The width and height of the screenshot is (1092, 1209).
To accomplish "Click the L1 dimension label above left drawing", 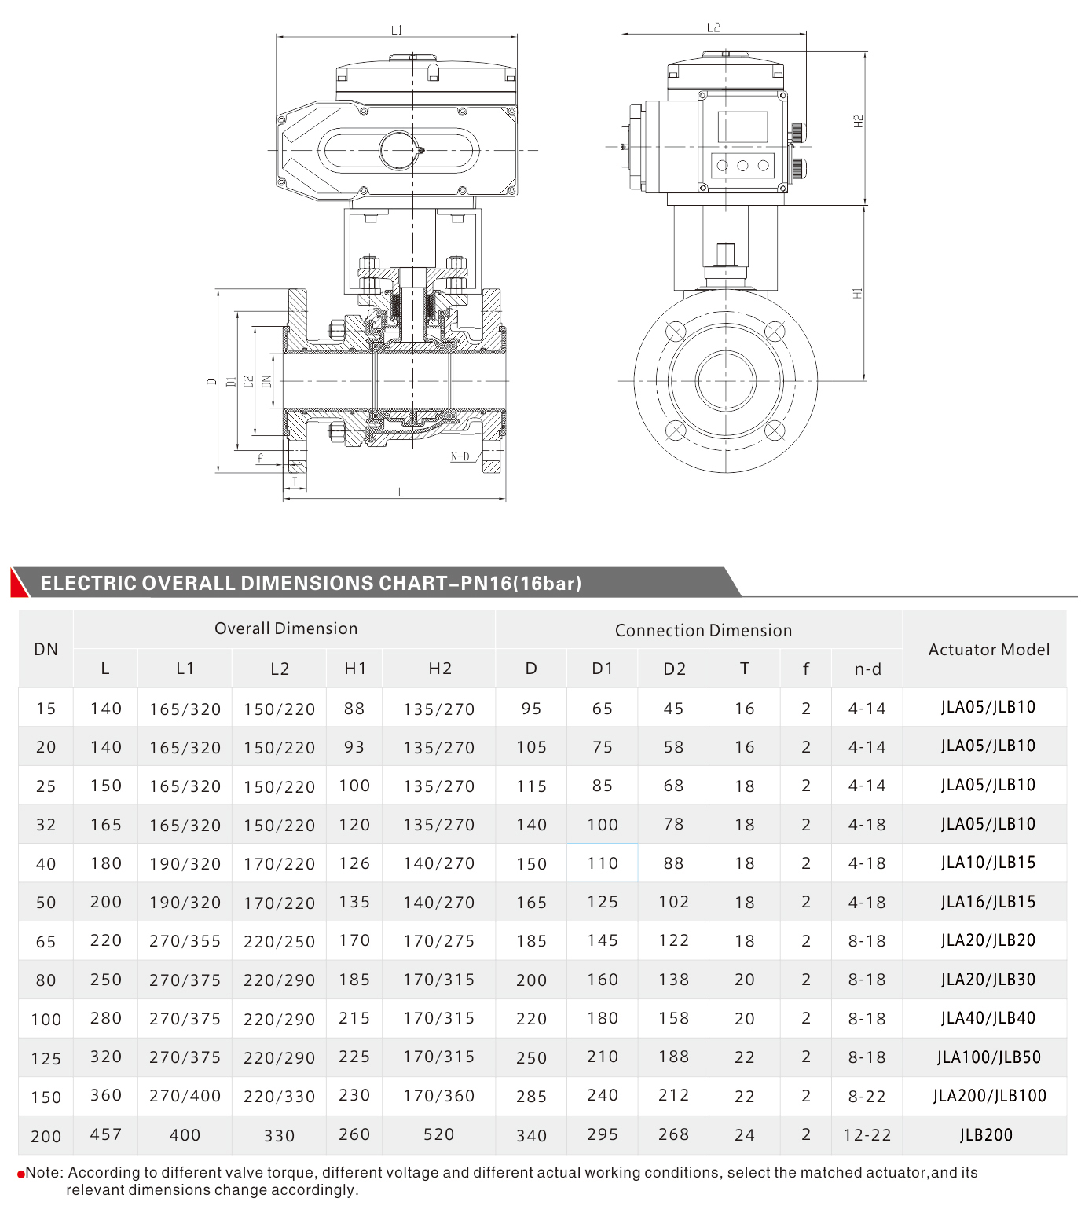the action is [397, 30].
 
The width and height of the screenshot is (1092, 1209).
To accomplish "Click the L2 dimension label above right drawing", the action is [713, 27].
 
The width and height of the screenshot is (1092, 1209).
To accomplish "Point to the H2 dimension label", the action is [858, 122].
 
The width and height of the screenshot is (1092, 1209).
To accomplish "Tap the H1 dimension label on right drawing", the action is [857, 293].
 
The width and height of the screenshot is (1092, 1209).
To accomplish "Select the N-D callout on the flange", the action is [460, 456].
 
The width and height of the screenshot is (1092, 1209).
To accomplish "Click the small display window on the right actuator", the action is [742, 126].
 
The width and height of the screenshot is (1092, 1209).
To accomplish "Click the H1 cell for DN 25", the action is [354, 786].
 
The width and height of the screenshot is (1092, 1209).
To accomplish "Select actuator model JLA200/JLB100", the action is [989, 1096].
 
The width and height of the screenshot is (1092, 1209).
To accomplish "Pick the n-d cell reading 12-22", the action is [867, 1135].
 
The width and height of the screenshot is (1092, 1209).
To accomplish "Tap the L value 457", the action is [106, 1134].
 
